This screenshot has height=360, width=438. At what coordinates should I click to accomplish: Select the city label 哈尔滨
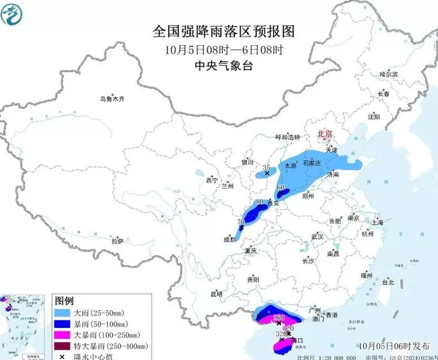pyautogui.click(x=389, y=75)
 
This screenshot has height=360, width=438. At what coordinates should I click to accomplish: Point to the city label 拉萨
pyautogui.click(x=117, y=242)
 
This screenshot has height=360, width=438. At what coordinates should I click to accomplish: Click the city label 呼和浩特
pyautogui.click(x=288, y=137)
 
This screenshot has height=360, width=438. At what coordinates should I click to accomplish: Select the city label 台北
pyautogui.click(x=388, y=282)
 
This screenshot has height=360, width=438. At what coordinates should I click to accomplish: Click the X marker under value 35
pyautogui.click(x=267, y=173)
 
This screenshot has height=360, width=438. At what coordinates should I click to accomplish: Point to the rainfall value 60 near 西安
pyautogui.click(x=281, y=188)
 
